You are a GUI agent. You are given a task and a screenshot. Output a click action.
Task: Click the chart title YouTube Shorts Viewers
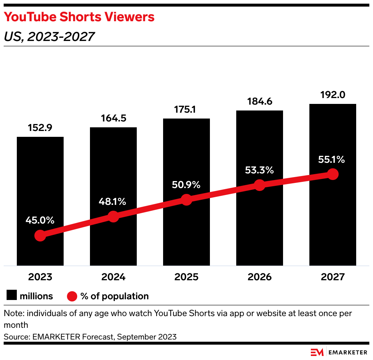pos(79,17)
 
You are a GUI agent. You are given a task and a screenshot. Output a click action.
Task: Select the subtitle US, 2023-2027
pos(49,37)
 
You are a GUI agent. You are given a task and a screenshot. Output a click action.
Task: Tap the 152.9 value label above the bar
pos(40,128)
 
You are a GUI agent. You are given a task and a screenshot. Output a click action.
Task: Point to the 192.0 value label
pos(332,95)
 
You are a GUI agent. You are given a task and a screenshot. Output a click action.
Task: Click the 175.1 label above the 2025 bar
pos(186,110)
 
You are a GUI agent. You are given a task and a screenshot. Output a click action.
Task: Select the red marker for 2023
pos(40,236)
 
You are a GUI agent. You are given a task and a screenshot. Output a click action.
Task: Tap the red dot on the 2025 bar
pos(186,200)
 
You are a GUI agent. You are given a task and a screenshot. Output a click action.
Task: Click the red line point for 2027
pos(332,174)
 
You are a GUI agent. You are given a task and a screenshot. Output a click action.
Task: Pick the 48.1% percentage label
pos(113,201)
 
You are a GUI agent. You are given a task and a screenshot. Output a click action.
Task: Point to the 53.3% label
pos(259,170)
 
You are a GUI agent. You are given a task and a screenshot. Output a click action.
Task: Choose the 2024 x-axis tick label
pos(113,277)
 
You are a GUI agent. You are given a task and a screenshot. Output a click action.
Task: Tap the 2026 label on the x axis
pos(260,277)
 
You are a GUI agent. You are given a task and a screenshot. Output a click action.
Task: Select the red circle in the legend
pos(72,296)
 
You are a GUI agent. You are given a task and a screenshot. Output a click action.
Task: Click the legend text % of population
pos(114,296)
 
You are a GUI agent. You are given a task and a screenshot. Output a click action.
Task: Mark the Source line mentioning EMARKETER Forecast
pos(90,337)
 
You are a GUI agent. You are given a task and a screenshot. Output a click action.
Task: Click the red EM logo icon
pos(317,352)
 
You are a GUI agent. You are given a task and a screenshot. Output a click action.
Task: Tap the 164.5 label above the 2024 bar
pos(113,119)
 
